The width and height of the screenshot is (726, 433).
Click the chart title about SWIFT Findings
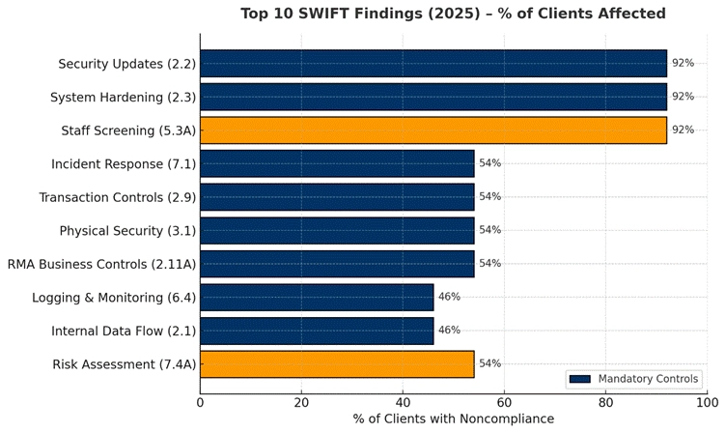pos(452,14)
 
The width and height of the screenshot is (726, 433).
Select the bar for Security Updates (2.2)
pos(433,64)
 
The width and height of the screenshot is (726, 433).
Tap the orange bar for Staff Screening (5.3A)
pos(433,130)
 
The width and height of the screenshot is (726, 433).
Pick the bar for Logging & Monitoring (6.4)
pos(317,298)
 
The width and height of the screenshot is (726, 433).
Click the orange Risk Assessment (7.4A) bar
pos(337,364)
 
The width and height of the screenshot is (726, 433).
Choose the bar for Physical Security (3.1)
pos(337,231)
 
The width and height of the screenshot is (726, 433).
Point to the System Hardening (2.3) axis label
pos(123,98)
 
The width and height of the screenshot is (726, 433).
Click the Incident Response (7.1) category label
pos(124,164)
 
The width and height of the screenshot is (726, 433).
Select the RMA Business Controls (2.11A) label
pos(101,264)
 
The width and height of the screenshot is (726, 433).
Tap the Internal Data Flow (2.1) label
pos(124,331)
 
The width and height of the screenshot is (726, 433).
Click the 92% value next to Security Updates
pos(683,64)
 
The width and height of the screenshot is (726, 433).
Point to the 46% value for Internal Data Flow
pos(449,331)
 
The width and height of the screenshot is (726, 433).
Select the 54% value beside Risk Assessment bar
pos(489,364)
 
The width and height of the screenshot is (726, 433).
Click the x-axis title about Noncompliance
pos(454,419)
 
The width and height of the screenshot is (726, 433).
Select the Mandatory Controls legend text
pos(649,379)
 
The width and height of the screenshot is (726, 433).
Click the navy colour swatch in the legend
pos(579,379)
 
